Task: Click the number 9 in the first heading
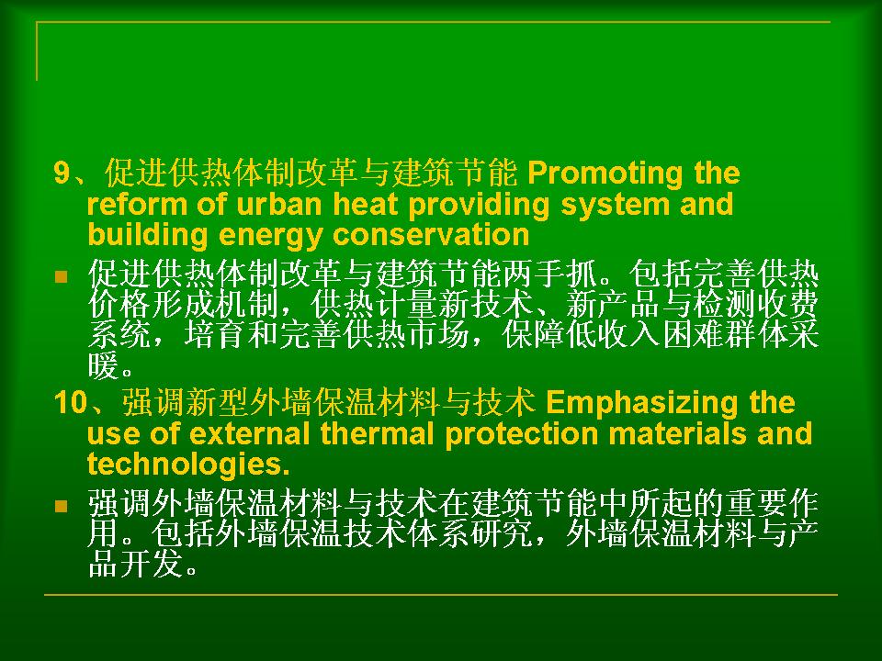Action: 62,174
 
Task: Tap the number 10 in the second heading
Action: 71,403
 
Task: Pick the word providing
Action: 479,206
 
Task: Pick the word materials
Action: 678,434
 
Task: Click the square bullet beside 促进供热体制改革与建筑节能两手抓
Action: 61,276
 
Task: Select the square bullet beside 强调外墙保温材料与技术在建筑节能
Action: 61,507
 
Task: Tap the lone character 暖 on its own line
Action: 104,366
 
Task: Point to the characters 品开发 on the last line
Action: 136,564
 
